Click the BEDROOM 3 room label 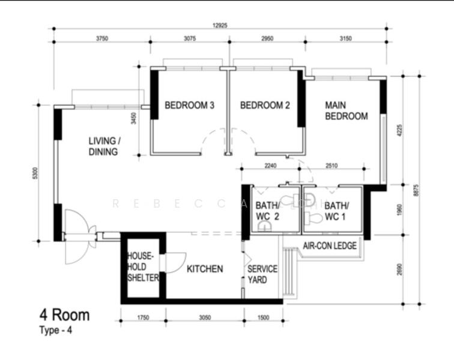190,106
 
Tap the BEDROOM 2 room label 265,106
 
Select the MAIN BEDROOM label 346,110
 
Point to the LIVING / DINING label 104,146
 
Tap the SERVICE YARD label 262,274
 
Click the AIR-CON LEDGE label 330,246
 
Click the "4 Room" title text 64,314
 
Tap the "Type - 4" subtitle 58,329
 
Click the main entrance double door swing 77,235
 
